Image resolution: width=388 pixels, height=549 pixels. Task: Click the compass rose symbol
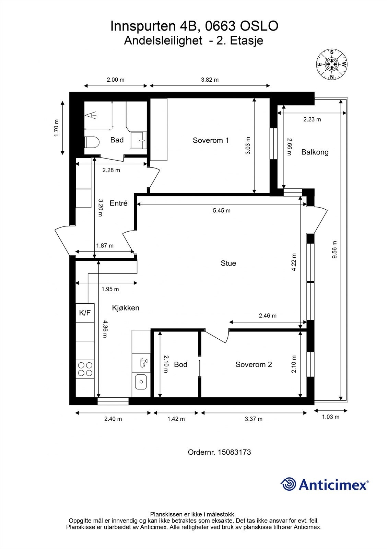tap(332, 64)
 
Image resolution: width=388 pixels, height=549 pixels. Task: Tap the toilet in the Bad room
tap(92, 142)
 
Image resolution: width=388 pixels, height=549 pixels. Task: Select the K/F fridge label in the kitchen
tap(85, 313)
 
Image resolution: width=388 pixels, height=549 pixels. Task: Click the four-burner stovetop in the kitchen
tap(85, 369)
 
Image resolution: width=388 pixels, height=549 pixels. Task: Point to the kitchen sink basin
tap(141, 382)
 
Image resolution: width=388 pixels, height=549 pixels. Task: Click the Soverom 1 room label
tap(211, 140)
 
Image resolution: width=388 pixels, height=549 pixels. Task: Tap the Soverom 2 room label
tap(254, 364)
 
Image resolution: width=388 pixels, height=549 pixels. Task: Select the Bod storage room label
tap(181, 364)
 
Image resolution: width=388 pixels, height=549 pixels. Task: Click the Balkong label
tap(315, 152)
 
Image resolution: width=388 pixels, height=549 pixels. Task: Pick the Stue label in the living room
tap(228, 263)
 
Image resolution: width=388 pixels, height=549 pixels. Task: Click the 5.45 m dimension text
tap(222, 211)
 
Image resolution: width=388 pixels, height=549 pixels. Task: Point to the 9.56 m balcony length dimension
tap(334, 249)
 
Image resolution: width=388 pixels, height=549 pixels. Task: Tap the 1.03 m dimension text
tap(331, 417)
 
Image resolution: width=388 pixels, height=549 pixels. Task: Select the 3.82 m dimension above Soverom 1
tap(210, 80)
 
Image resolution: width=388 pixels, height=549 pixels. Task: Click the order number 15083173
tap(234, 452)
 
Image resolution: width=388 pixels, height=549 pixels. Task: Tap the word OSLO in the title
tap(259, 26)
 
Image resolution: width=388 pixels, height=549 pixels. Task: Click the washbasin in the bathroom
tap(138, 140)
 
